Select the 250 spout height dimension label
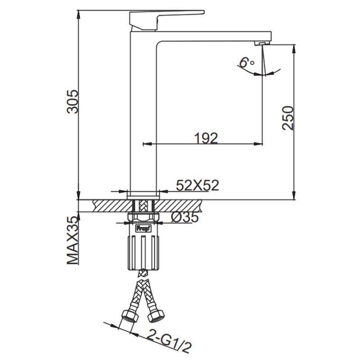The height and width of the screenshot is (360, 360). click(288, 118)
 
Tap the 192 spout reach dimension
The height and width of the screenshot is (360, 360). click(206, 138)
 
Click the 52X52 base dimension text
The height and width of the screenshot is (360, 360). click(197, 185)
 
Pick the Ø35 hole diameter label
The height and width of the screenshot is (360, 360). click(184, 217)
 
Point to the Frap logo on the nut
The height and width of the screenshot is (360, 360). click(142, 228)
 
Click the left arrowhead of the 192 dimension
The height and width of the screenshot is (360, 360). click(145, 144)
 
